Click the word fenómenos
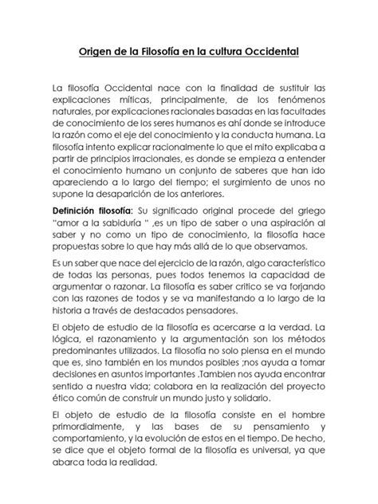click(298, 101)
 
